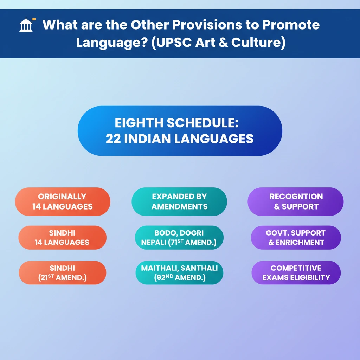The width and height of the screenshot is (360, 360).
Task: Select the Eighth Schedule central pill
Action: point(180,131)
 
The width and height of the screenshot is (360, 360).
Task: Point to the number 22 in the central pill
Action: point(113,139)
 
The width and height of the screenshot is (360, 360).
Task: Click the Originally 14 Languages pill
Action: point(63,201)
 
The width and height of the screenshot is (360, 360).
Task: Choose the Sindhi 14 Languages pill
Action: point(63,237)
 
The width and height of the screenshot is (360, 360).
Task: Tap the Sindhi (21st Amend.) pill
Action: point(63,272)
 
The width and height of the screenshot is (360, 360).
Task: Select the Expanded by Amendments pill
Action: point(179,201)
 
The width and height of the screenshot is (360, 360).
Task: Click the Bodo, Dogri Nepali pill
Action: point(179,237)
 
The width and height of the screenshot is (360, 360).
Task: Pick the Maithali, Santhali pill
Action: point(179,272)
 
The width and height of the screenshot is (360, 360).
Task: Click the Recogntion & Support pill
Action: point(296,201)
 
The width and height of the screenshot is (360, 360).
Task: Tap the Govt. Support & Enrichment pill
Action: point(296,237)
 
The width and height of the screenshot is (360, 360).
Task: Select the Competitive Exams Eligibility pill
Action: point(296,272)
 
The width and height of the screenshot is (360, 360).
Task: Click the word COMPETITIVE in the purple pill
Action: point(296,268)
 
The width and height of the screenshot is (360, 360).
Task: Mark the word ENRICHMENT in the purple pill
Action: point(300,242)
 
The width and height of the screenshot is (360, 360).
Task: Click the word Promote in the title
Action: point(291,25)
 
